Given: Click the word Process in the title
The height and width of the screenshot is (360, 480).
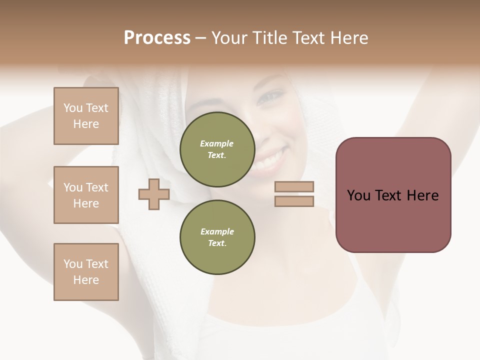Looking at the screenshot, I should coord(157,38).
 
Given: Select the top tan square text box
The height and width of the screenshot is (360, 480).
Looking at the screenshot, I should coord(86,116).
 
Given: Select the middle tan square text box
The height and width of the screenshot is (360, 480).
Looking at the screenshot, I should coord(86,195).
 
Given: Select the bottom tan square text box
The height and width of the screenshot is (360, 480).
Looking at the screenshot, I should coord(86,272).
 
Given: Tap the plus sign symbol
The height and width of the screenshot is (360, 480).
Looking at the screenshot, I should coord(154,194).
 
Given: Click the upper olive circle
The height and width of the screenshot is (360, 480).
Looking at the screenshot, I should coord(217,149).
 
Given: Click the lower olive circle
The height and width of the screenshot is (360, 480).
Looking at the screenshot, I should coord(217,237).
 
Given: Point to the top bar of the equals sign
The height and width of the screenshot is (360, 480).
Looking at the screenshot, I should coord(294,187).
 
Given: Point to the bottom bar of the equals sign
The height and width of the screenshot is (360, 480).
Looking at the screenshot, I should coord(294,201).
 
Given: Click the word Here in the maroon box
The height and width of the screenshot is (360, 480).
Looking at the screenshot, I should coord(422,195).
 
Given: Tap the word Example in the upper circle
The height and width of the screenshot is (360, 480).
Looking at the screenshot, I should coord(217,143).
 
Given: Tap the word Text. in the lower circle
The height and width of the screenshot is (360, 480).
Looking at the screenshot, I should coord(216,243).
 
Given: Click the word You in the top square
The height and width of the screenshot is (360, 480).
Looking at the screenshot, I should coord(73,108).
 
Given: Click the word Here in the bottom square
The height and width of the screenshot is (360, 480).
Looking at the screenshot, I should coord(86,280).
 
